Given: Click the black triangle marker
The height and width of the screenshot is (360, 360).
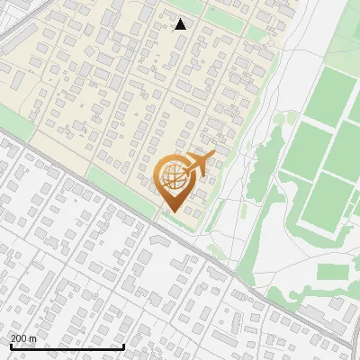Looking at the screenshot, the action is tap(181, 24).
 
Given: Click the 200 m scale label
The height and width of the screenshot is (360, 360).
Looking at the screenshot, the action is tap(23, 338).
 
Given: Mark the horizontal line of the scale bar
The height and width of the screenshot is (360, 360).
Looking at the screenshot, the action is tap(67, 347).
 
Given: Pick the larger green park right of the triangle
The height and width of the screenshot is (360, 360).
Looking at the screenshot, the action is tap(226, 15).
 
